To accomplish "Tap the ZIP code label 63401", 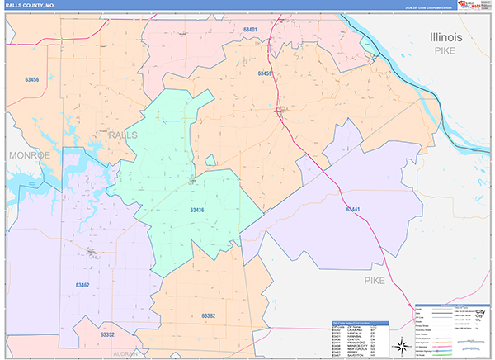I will pos(250,30).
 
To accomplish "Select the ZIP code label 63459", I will pos(265,74).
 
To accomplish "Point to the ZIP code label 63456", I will pos(32,79).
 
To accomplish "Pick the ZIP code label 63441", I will pos(353,209).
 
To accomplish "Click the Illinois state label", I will pos(446,38).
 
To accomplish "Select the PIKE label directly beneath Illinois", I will pos(446,51).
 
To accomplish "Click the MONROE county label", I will pos(30,155).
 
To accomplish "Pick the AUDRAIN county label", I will pos(125,353).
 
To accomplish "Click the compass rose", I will pos(400,344).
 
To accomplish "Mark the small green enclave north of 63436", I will pos(210,159).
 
